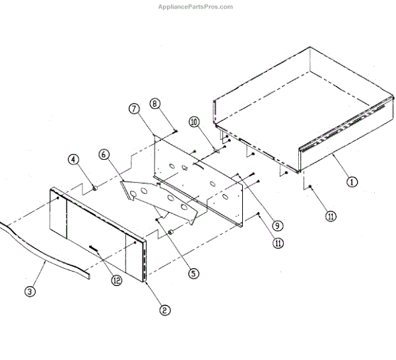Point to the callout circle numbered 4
click(x=73, y=159)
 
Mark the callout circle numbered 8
click(x=155, y=103)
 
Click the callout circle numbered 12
click(x=116, y=280)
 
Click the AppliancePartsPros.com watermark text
click(x=195, y=7)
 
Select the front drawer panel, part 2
click(x=99, y=231)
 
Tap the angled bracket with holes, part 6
click(x=162, y=198)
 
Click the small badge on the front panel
click(x=93, y=249)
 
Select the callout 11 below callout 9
click(x=279, y=242)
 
